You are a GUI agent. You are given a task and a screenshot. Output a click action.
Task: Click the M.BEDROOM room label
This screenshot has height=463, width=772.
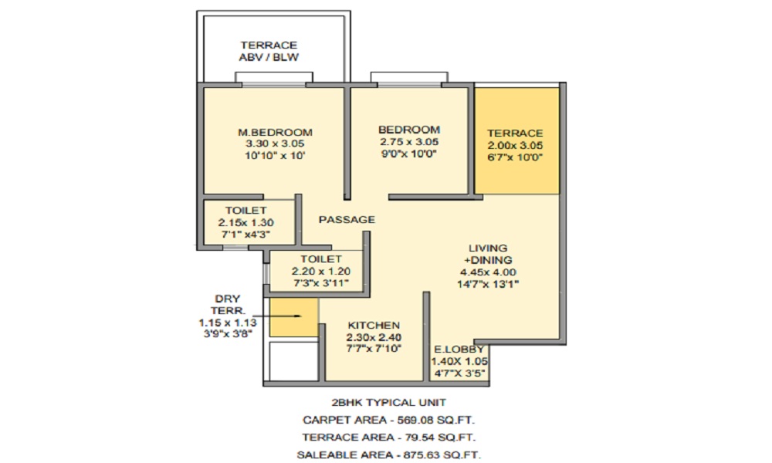[x=275, y=133]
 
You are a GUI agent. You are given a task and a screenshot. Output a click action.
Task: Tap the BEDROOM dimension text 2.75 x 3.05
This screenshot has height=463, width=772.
[x=409, y=142]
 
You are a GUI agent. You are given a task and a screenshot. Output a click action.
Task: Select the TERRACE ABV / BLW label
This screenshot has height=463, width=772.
[x=269, y=51]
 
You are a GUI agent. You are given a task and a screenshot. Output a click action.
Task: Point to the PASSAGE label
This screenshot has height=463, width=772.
[x=347, y=219]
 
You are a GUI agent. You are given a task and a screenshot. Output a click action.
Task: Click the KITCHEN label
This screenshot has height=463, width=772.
[x=374, y=325]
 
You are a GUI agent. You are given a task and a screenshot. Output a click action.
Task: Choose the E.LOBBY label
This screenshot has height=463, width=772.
[x=459, y=350]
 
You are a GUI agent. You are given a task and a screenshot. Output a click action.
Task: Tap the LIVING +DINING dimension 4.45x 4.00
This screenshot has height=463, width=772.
[x=488, y=272]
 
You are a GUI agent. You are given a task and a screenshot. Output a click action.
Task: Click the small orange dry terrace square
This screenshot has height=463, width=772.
[x=293, y=317]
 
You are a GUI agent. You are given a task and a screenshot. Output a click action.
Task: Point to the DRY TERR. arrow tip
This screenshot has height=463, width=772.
[x=300, y=316]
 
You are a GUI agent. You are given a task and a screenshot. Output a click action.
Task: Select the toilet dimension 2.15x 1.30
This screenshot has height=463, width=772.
[x=245, y=222]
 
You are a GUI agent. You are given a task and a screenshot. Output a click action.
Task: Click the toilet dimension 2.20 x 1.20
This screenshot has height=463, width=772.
[x=321, y=271]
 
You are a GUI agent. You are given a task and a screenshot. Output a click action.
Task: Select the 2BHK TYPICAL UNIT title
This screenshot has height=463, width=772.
[x=388, y=403]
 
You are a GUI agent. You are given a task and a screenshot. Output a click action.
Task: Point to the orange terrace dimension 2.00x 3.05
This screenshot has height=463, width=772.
[x=515, y=146]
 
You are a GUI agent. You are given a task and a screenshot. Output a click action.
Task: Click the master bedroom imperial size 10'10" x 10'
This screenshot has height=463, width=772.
[x=275, y=156]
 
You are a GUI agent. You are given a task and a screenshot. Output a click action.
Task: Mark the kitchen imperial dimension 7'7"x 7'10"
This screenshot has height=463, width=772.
[x=374, y=349]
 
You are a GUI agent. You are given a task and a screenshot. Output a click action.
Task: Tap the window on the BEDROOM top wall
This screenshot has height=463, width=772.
[x=409, y=78]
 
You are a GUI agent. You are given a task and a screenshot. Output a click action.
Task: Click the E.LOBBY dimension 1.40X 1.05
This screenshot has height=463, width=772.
[x=459, y=361]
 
